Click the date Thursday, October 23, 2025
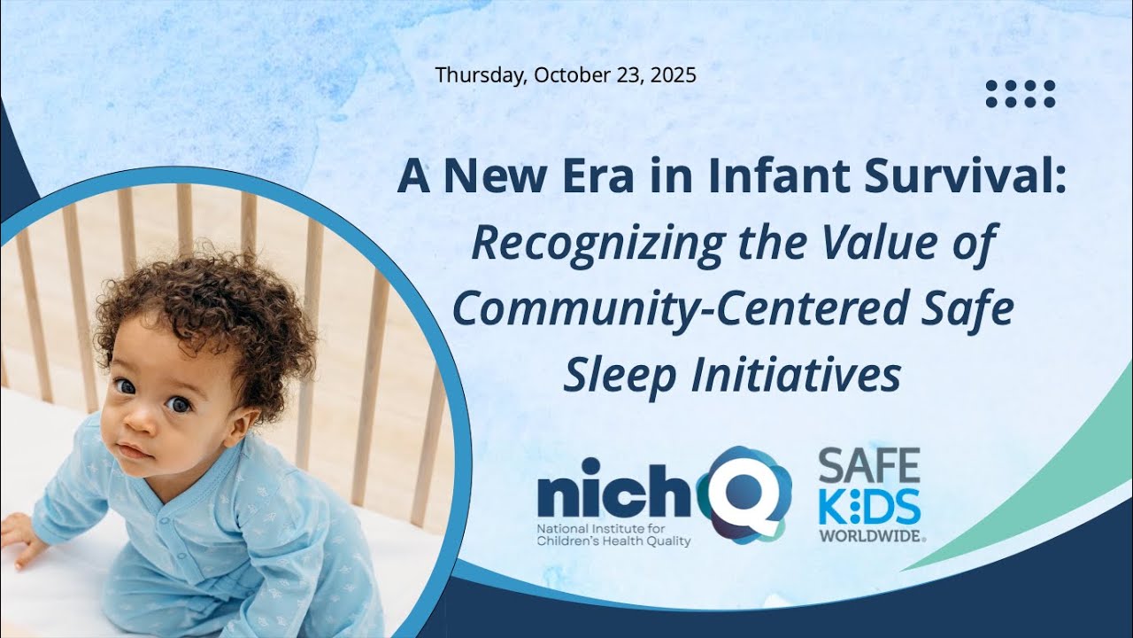566,75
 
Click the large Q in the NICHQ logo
744,494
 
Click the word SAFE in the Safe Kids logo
868,464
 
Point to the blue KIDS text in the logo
868,504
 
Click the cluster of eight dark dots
1021,94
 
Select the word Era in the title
577,175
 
